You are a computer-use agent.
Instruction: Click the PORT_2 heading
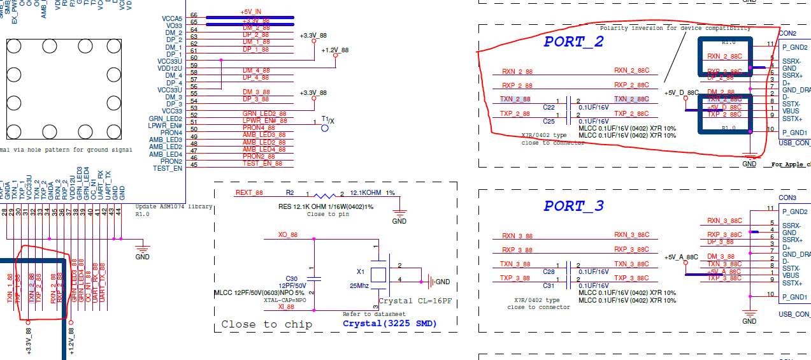coord(573,42)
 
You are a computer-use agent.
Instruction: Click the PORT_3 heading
coord(573,206)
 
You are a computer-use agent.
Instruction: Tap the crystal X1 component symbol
coord(379,275)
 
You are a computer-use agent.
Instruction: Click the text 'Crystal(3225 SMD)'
coord(390,323)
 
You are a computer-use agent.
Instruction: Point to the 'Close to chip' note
coord(266,324)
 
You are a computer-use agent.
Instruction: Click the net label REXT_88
coord(249,192)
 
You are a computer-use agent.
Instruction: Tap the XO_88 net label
coord(288,235)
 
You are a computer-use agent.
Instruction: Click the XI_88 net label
coord(286,306)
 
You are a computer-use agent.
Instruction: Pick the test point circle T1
coord(325,127)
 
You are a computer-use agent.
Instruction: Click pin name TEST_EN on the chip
coord(168,168)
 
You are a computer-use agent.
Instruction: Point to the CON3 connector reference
coord(787,198)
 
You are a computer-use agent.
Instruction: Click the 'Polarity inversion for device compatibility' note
coord(675,29)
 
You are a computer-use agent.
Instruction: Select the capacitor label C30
coord(292,278)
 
